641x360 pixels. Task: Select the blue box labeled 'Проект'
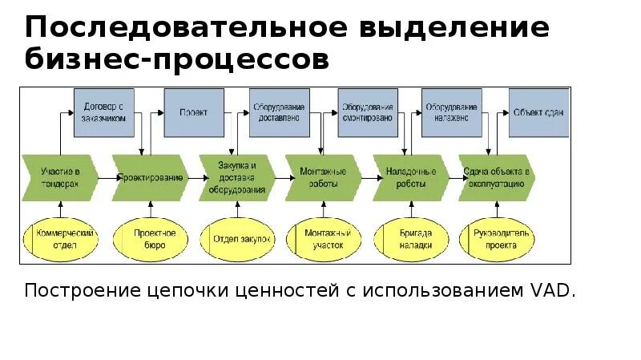pyautogui.click(x=193, y=112)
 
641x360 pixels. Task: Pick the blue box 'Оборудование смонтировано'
pyautogui.click(x=368, y=112)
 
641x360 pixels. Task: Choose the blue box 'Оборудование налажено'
pyautogui.click(x=453, y=112)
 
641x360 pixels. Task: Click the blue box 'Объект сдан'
pyautogui.click(x=538, y=112)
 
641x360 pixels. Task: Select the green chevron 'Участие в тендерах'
pyautogui.click(x=60, y=177)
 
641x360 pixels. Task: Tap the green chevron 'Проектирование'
pyautogui.click(x=151, y=177)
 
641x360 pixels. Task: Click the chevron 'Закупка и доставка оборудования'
pyautogui.click(x=237, y=177)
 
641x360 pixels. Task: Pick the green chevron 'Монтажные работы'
pyautogui.click(x=324, y=177)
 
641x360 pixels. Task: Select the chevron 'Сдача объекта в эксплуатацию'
pyautogui.click(x=497, y=177)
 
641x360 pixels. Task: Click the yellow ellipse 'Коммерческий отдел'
pyautogui.click(x=66, y=238)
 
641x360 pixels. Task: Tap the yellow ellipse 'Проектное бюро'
pyautogui.click(x=151, y=238)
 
